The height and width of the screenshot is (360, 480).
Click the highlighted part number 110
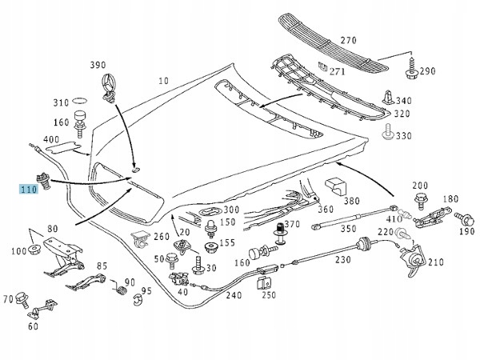29,190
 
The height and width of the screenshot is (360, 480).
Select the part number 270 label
347,39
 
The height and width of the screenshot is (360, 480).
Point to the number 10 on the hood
163,81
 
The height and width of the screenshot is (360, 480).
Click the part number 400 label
51,140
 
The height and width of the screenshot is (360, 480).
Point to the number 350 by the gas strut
348,228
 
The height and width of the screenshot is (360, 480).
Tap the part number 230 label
342,259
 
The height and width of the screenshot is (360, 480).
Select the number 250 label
268,294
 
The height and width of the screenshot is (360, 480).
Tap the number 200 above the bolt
421,186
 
